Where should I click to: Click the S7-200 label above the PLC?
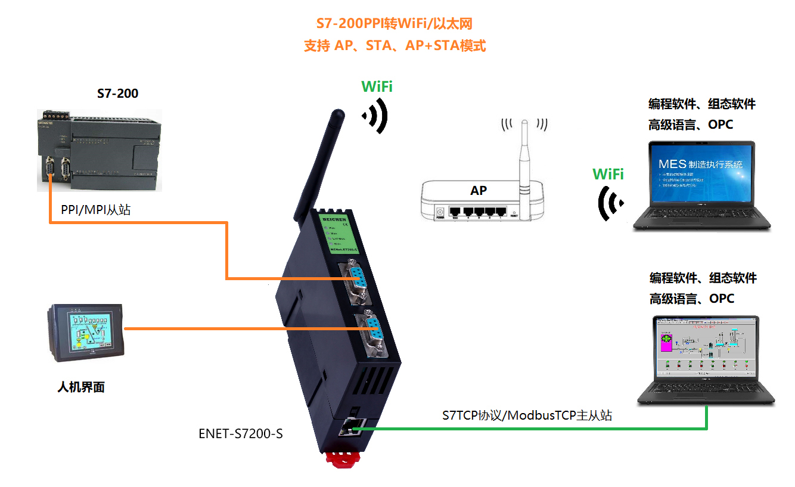pyautogui.click(x=117, y=94)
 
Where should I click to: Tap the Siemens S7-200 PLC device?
pyautogui.click(x=99, y=150)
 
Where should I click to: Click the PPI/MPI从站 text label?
pyautogui.click(x=95, y=210)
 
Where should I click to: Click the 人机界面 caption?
pyautogui.click(x=81, y=387)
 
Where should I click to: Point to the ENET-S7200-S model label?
pyautogui.click(x=240, y=434)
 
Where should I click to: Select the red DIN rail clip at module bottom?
pyautogui.click(x=344, y=460)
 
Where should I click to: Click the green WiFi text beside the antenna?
pyautogui.click(x=377, y=86)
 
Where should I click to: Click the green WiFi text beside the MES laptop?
pyautogui.click(x=608, y=174)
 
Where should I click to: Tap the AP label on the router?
pyautogui.click(x=478, y=191)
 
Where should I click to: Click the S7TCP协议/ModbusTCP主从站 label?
pyautogui.click(x=527, y=415)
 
